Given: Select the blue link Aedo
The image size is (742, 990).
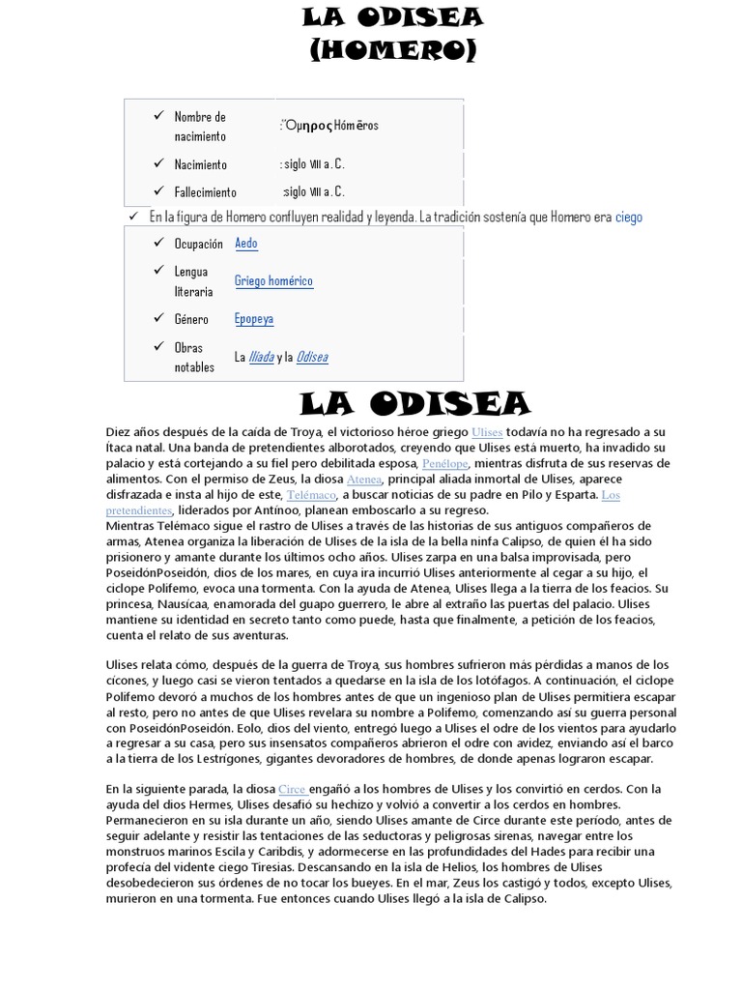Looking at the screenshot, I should click(246, 244).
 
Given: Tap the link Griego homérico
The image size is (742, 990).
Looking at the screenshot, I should click(273, 281).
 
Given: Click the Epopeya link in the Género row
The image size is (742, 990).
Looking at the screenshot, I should click(254, 319).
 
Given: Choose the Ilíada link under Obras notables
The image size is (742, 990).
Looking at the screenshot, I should click(261, 357).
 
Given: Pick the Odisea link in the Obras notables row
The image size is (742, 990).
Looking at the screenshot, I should click(312, 357).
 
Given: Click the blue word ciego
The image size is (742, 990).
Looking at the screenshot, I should click(628, 218).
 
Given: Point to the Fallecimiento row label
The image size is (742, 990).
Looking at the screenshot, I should click(205, 191).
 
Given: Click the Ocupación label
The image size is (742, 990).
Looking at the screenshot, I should click(198, 244).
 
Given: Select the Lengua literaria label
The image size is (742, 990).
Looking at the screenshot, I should click(193, 281).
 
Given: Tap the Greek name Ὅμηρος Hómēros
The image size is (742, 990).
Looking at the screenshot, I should click(331, 126).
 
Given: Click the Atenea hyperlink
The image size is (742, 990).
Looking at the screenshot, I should click(364, 479).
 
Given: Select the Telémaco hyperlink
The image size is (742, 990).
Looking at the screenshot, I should click(311, 494).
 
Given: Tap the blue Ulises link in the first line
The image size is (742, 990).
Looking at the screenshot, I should click(487, 432).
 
